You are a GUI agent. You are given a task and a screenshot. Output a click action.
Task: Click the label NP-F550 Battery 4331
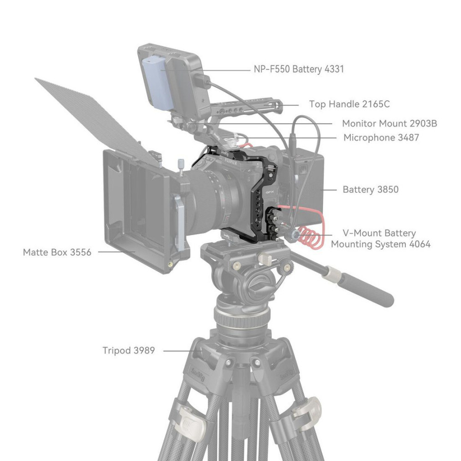click(x=299, y=69)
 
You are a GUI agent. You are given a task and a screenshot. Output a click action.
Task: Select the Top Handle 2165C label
click(x=349, y=104)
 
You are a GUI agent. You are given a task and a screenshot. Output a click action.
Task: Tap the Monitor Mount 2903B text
click(x=390, y=124)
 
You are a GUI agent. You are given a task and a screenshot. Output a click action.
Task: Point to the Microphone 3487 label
click(x=381, y=137)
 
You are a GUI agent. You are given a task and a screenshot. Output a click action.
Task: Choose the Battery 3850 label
click(x=371, y=189)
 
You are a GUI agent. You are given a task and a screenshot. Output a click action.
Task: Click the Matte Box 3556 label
click(x=57, y=252)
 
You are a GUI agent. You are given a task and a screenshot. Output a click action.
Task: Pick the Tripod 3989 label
click(x=129, y=350)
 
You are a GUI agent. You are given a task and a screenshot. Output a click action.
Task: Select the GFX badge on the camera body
click(x=270, y=192)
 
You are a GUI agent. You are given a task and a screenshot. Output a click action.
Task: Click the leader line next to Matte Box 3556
click(x=117, y=252)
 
